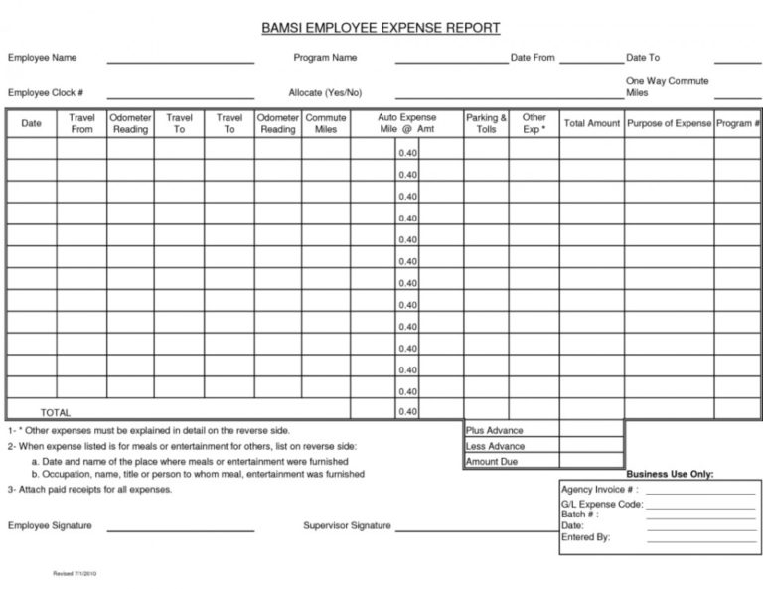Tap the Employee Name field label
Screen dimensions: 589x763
(x=43, y=58)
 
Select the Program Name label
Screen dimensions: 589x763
(x=325, y=58)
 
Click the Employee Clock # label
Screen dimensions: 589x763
(x=45, y=92)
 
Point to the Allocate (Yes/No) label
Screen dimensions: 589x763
(x=325, y=92)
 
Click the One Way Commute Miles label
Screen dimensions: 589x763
(x=667, y=86)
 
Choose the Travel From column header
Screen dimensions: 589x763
(x=81, y=123)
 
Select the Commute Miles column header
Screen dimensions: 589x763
(x=326, y=123)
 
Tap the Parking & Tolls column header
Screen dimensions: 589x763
(x=486, y=123)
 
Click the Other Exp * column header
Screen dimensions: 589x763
(x=534, y=123)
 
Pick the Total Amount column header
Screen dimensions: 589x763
(x=592, y=123)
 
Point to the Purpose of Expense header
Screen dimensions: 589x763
(x=669, y=123)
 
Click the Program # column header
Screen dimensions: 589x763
(x=738, y=123)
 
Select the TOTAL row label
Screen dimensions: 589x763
(x=55, y=412)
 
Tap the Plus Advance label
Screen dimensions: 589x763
(x=494, y=430)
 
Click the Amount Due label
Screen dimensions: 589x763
(x=493, y=462)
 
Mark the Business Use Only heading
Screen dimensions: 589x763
(x=670, y=475)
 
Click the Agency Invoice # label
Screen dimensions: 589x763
(x=599, y=490)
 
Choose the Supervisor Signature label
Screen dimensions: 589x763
(x=347, y=525)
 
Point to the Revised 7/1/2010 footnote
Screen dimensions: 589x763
(x=74, y=575)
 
